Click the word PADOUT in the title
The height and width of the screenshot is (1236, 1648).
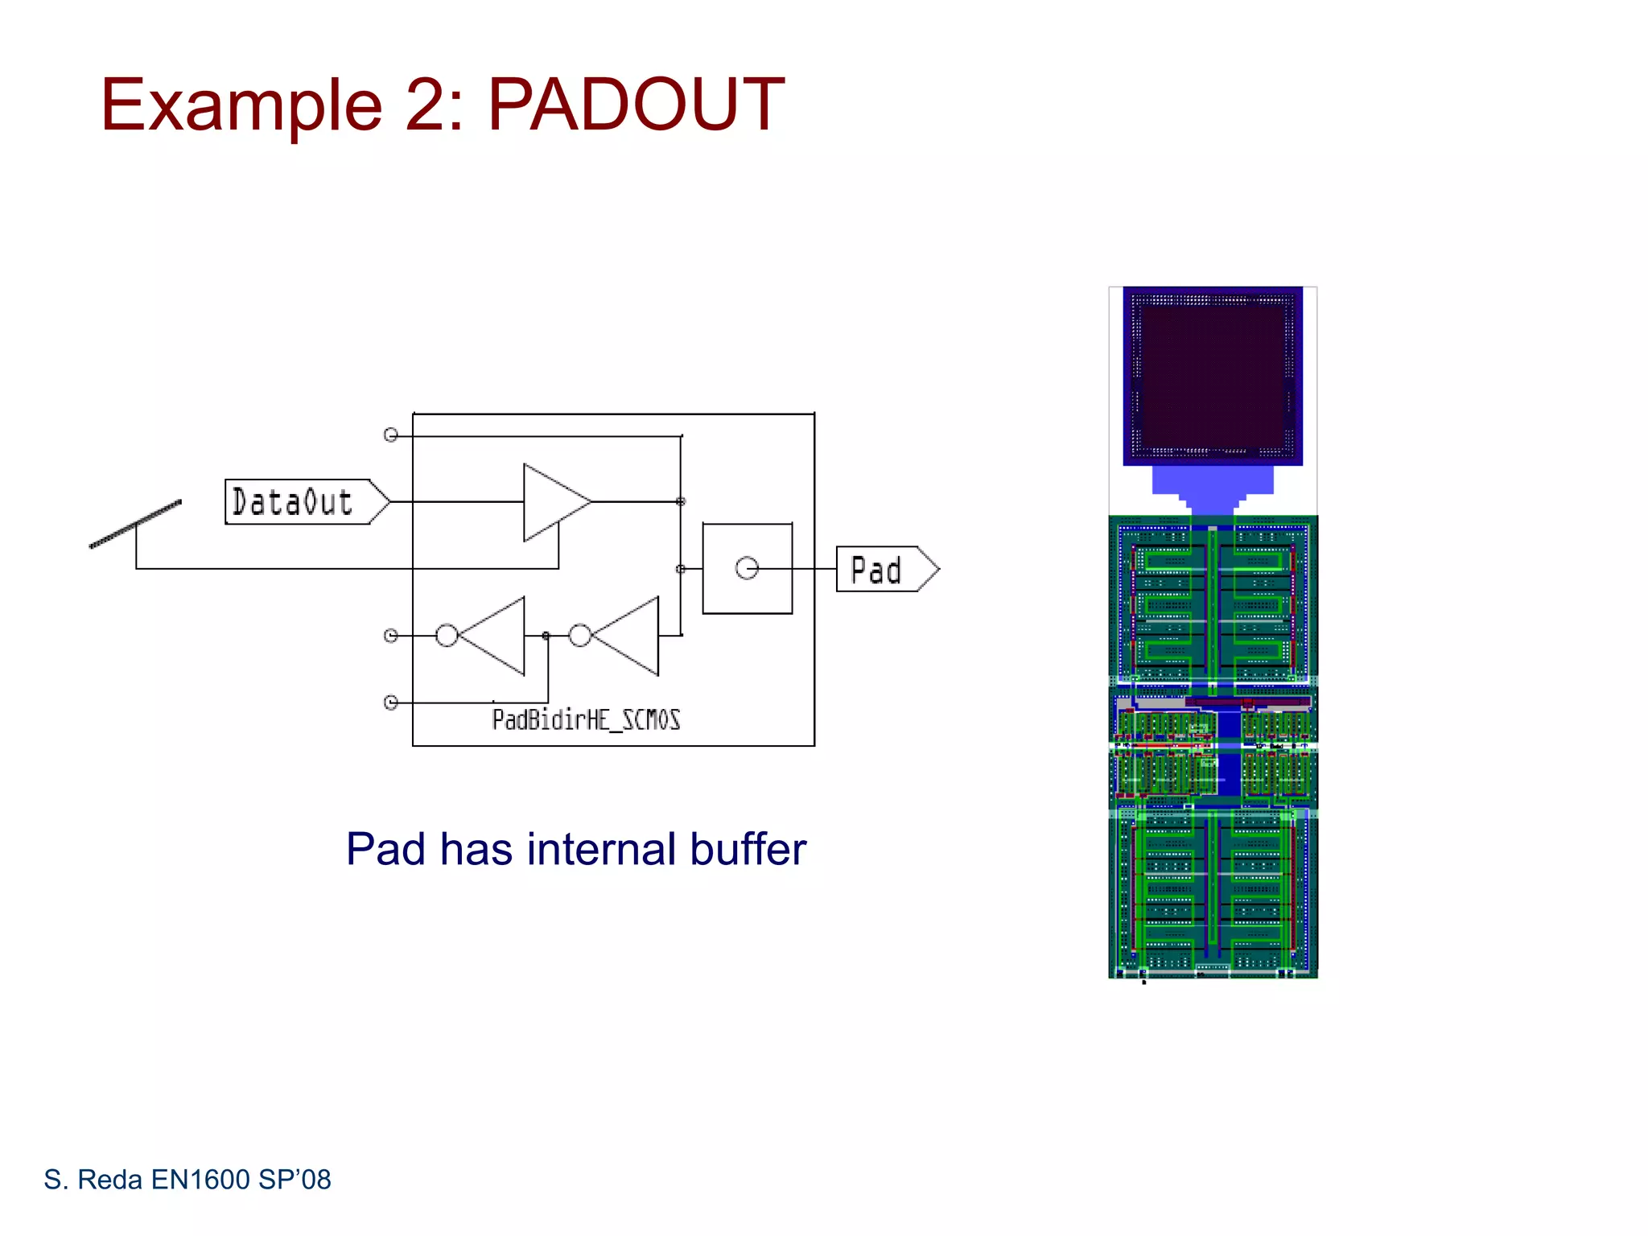click(636, 105)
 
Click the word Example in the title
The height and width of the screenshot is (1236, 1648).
click(241, 105)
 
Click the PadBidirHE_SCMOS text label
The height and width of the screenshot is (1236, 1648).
click(586, 719)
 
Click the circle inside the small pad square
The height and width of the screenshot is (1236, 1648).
click(747, 569)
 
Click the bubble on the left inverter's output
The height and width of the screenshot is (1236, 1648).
click(447, 636)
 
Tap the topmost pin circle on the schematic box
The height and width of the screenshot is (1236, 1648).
click(391, 435)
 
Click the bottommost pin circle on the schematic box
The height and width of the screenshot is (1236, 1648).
click(391, 702)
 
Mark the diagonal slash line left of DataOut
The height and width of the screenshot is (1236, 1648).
click(135, 524)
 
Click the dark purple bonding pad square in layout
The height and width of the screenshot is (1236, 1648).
click(1213, 376)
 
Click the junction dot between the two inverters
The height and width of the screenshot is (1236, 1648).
click(546, 636)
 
